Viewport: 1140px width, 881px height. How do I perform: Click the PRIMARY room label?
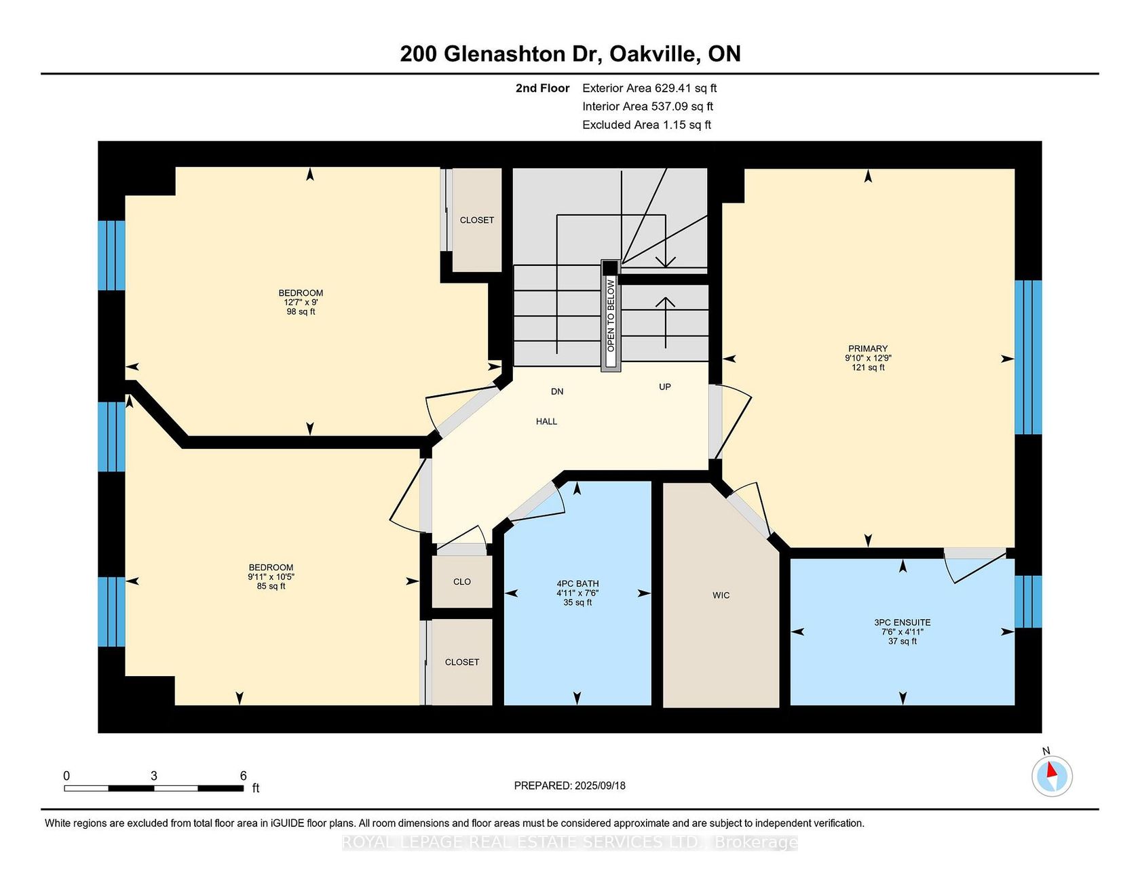click(x=868, y=349)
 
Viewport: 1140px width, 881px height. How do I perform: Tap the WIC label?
click(x=721, y=595)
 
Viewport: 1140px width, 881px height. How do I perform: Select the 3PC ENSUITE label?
click(x=902, y=623)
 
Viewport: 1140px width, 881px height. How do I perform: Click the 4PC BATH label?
click(x=577, y=584)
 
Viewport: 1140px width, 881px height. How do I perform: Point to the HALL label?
click(x=546, y=422)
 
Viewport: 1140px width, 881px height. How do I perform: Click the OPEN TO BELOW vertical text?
click(x=611, y=315)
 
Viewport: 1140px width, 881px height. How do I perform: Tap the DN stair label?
click(x=557, y=392)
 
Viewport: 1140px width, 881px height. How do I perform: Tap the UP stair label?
click(x=665, y=387)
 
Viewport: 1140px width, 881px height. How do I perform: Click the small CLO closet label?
click(x=462, y=582)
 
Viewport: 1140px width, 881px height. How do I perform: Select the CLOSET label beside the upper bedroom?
click(x=477, y=220)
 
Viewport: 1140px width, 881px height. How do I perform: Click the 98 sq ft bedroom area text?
click(x=301, y=312)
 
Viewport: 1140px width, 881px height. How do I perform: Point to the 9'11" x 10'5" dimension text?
click(x=271, y=577)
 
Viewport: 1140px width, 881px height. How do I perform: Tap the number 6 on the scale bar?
click(x=243, y=776)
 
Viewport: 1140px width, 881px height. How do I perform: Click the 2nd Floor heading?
click(x=542, y=88)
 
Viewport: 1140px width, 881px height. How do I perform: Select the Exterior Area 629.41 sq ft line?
click(x=649, y=88)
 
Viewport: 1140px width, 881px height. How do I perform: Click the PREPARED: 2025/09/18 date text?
click(x=570, y=786)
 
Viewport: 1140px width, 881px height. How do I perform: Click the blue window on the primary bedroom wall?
click(x=1028, y=357)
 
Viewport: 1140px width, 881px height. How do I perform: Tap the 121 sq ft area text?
click(x=868, y=368)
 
